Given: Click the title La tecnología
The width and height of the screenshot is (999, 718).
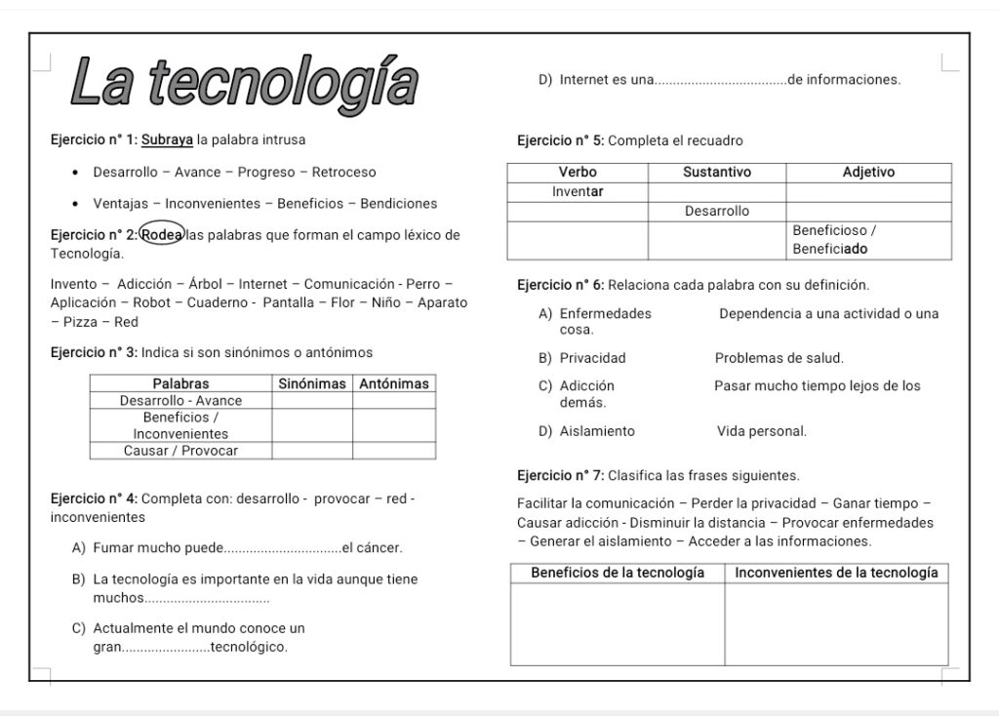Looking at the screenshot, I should [244, 81].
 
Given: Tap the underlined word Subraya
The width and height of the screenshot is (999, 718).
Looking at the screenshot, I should [167, 140].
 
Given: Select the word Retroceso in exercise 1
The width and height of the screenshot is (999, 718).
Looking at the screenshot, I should [343, 172].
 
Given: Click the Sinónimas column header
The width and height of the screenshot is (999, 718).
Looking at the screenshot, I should [312, 383].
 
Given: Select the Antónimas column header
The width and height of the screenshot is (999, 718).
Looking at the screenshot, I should [394, 383].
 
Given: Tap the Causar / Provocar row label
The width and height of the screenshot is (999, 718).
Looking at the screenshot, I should [180, 451].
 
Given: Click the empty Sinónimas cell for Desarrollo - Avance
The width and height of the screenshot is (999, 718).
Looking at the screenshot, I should [312, 401].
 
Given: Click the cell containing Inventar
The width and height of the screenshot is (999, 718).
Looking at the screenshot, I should [578, 192].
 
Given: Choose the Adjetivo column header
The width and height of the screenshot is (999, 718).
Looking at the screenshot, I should [868, 173].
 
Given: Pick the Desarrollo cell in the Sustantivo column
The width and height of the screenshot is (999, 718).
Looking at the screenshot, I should [717, 212].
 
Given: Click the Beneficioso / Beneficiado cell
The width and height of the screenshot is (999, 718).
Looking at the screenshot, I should [868, 240].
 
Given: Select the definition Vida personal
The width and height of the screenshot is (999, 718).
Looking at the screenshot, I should [762, 431].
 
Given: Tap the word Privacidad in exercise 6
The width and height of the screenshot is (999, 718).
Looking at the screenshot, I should [592, 358].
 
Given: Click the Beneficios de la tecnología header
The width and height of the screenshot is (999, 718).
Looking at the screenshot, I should [618, 573].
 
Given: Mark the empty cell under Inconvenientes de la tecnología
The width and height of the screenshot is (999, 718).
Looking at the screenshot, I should [836, 624].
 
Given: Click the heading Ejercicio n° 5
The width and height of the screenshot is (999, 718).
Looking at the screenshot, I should [560, 140].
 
